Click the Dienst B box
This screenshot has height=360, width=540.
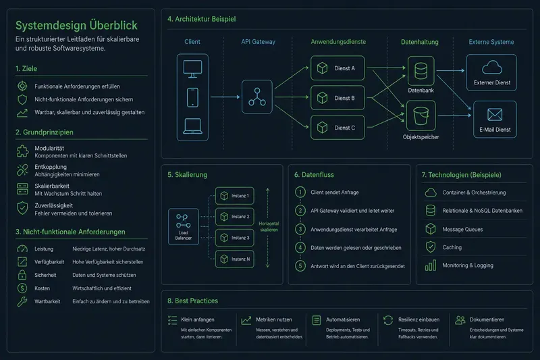337,98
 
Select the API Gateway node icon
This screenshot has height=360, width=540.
257,97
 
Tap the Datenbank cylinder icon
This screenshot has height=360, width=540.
421,71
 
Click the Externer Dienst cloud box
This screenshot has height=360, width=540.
491,73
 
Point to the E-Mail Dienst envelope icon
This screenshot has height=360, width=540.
495,114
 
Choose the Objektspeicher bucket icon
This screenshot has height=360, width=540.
421,115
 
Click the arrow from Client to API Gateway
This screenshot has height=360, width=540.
225,97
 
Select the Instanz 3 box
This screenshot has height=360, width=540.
234,238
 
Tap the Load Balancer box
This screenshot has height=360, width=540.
183,227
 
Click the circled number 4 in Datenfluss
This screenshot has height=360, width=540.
300,247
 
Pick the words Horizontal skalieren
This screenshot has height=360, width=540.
269,227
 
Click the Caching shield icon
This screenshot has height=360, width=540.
431,247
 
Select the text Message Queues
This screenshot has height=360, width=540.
462,230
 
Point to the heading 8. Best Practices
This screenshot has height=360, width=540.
192,301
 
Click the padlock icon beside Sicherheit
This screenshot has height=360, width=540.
22,275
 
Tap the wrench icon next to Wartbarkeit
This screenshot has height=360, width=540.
22,301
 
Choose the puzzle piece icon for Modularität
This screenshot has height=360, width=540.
23,151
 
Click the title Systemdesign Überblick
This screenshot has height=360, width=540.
76,25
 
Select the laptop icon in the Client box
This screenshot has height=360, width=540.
192,126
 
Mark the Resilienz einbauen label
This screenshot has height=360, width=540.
418,319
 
